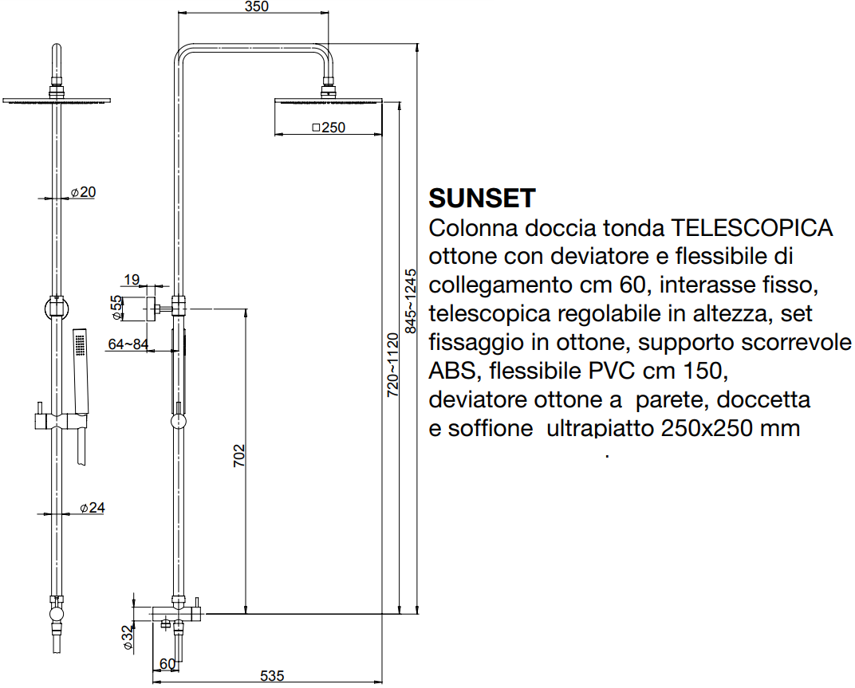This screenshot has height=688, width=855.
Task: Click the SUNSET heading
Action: tap(482, 198)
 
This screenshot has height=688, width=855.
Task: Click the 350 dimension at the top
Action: tap(257, 6)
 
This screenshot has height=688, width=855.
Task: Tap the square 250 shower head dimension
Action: tap(329, 128)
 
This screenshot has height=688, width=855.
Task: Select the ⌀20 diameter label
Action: tap(83, 192)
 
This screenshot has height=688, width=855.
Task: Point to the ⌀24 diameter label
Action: tap(93, 508)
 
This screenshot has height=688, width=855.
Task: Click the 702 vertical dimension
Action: tap(239, 456)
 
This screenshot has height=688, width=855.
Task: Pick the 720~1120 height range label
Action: tap(392, 364)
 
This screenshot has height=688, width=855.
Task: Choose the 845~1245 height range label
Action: tap(410, 301)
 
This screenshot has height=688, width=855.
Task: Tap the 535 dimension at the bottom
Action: tap(272, 676)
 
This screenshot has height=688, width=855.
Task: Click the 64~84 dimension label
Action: tap(128, 344)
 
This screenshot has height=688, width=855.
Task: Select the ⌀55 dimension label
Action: tap(116, 308)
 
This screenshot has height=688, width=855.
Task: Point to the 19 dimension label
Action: tap(132, 280)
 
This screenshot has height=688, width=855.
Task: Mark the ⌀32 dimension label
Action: tap(127, 637)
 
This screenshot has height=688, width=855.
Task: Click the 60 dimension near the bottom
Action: tap(167, 664)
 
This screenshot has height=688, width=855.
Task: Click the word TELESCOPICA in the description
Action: tap(751, 228)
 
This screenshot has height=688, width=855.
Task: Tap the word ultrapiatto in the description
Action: tap(600, 428)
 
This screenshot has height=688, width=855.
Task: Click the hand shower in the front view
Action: tap(81, 371)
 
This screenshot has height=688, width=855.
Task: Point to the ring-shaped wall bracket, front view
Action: tap(57, 309)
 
